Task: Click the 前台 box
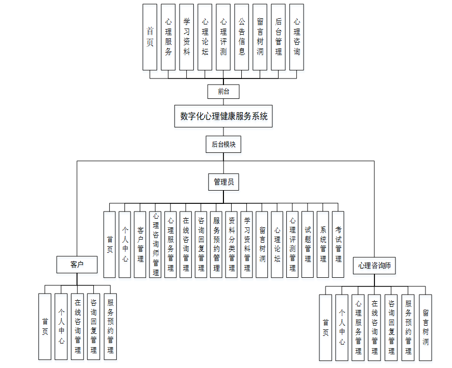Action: tap(223, 92)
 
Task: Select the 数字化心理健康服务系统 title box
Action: tap(223, 116)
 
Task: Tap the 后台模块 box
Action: tap(223, 145)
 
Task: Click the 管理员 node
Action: tap(223, 182)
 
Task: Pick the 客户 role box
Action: tap(77, 265)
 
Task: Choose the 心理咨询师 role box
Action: tap(374, 266)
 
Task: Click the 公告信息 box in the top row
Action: tap(242, 37)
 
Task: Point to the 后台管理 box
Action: tap(279, 37)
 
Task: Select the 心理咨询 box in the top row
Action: tap(297, 37)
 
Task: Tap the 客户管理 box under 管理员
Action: tap(140, 245)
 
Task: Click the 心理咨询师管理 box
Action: tap(156, 245)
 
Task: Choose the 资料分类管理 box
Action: tap(232, 245)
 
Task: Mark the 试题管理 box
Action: tap(308, 245)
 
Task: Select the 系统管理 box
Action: tap(323, 245)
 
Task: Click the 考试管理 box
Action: tap(338, 245)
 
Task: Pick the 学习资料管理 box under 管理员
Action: tap(247, 245)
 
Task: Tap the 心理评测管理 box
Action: tap(292, 245)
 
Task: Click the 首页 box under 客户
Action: tap(45, 327)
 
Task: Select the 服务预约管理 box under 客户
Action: tap(110, 327)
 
